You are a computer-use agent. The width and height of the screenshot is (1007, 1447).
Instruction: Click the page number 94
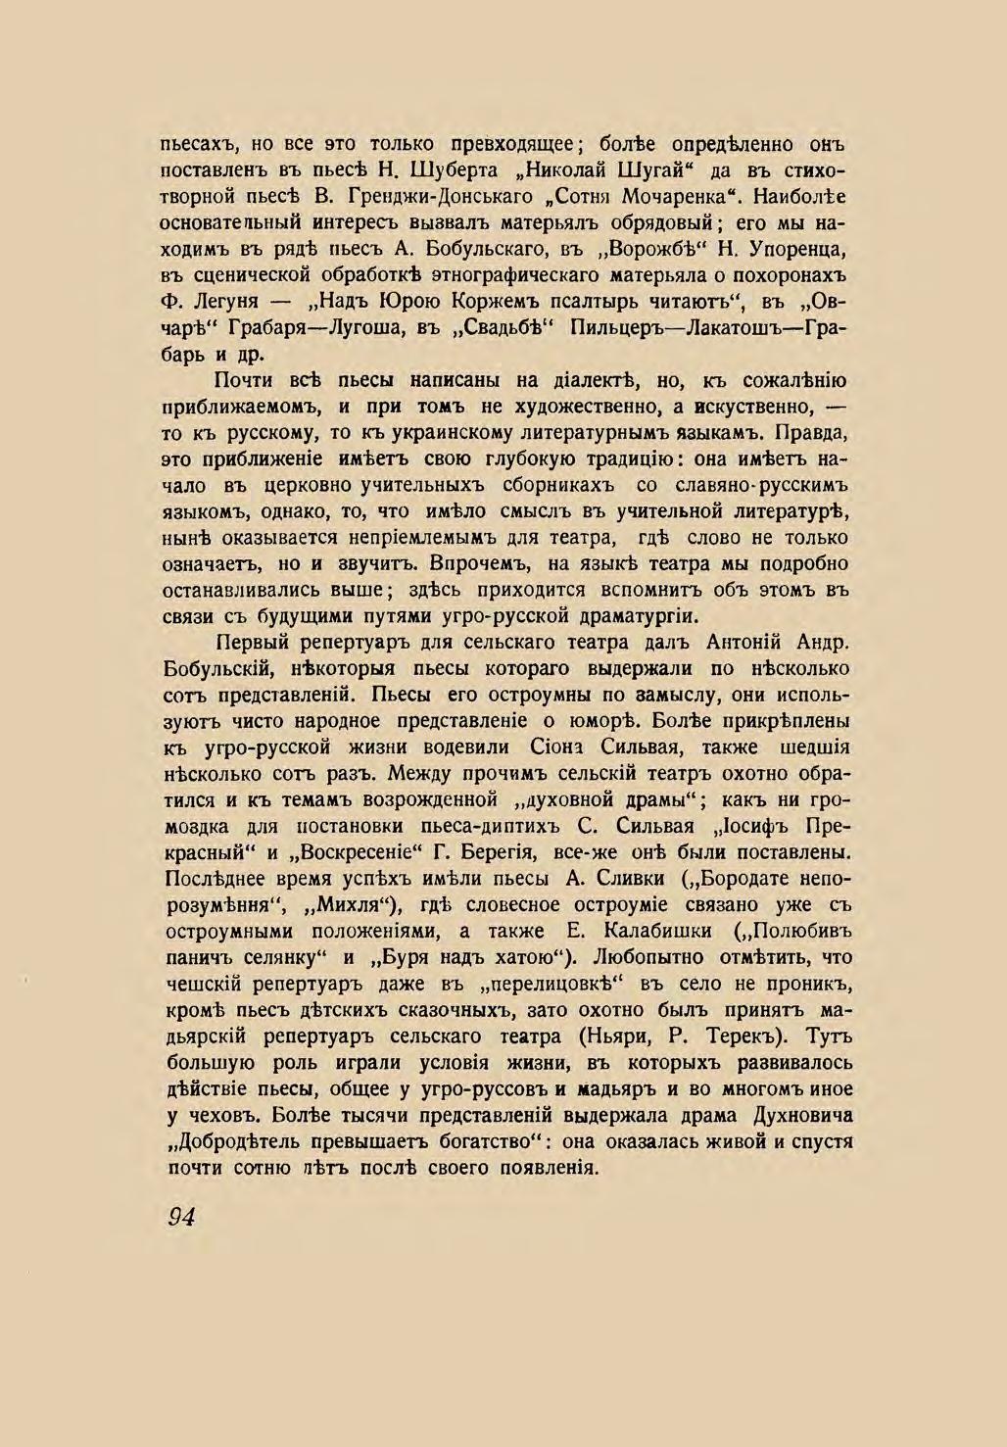pos(182,1216)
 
